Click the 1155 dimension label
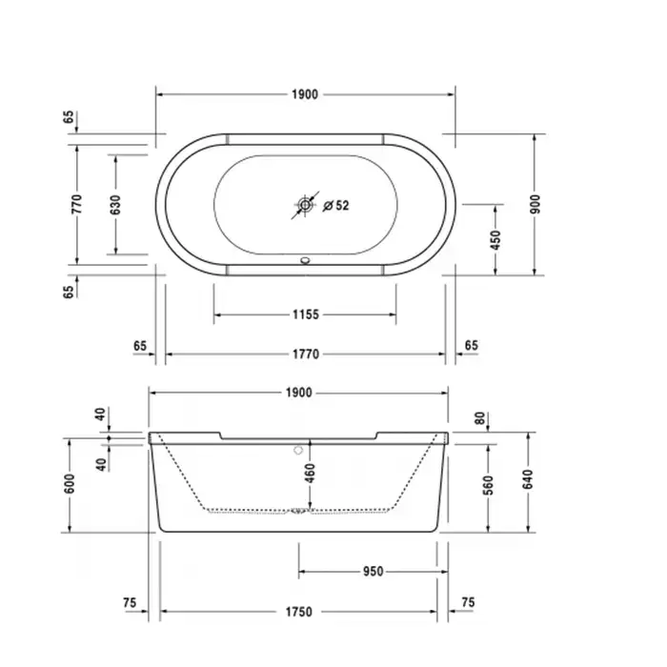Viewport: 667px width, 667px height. click(x=306, y=314)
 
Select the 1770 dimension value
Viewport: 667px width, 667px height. click(x=306, y=354)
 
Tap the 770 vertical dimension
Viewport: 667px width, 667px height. click(x=76, y=204)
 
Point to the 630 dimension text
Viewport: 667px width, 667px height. click(x=115, y=205)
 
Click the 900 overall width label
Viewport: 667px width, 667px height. click(x=536, y=204)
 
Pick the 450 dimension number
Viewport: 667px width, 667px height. click(x=495, y=240)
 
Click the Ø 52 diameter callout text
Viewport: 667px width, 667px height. click(x=336, y=206)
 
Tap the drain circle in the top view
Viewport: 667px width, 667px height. click(x=305, y=205)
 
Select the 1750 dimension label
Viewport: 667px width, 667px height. click(x=298, y=612)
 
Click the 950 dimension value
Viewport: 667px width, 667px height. click(x=374, y=572)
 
